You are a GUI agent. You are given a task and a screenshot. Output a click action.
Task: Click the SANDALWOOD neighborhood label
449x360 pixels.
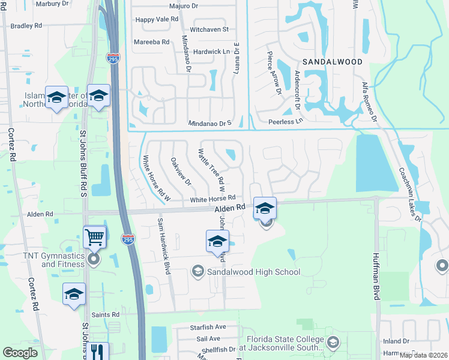pos(332,62)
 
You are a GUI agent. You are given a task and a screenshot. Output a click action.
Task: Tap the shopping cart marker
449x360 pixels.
pos(95,237)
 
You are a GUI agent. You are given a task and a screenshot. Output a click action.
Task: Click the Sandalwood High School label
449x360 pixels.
pos(253,272)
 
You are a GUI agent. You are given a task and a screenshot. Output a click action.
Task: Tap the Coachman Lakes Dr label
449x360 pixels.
pos(409,193)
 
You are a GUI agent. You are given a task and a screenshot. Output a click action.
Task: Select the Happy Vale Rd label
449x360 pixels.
pos(157,19)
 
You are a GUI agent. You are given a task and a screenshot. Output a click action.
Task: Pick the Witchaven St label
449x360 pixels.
pos(209,29)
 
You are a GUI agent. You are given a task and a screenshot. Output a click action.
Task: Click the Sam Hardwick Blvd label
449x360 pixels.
pos(164,246)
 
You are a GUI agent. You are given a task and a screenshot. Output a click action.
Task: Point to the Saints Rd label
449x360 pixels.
pos(106,314)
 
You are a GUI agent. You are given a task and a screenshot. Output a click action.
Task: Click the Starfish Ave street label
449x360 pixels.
pos(207,327)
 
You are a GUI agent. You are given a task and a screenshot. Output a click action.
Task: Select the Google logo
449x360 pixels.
pos(20,352)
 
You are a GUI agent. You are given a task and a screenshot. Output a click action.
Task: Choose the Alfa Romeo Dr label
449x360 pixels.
pos(368,103)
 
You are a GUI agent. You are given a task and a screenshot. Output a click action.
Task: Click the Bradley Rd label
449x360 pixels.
pos(26,26)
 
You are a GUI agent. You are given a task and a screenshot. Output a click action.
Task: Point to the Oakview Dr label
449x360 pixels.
pos(181,171)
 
